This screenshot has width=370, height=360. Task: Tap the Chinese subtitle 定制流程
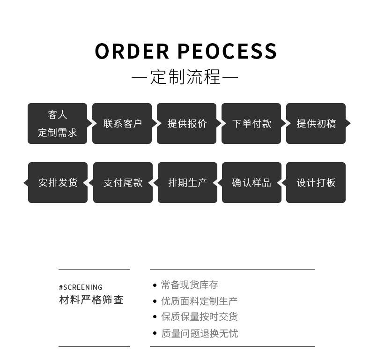(x=185, y=77)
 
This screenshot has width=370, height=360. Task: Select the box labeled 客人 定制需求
(x=57, y=123)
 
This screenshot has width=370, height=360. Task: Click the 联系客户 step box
(x=122, y=123)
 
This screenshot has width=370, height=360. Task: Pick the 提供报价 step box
(x=186, y=123)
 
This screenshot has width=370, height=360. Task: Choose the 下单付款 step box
(x=251, y=123)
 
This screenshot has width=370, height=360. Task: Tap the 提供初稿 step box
(x=316, y=123)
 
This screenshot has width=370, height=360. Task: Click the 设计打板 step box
(x=316, y=182)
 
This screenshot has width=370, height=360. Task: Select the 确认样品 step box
(x=252, y=182)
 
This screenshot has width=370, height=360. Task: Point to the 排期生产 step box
(x=187, y=182)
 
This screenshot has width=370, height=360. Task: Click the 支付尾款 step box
(x=123, y=182)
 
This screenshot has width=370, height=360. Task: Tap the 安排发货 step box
(x=58, y=182)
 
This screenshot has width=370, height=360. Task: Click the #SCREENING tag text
(x=81, y=287)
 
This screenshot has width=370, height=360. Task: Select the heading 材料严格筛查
(x=91, y=300)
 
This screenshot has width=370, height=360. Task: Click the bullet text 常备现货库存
(x=189, y=285)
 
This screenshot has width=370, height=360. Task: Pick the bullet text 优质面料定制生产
(x=199, y=301)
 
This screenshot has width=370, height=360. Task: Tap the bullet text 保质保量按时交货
(x=199, y=317)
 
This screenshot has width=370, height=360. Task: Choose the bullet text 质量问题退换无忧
(x=199, y=333)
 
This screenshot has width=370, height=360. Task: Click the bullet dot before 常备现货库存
(x=155, y=285)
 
